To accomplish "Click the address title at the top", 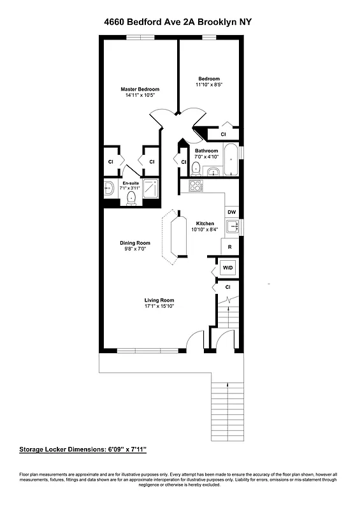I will tap(178, 22).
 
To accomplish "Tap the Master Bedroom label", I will tap(140, 89).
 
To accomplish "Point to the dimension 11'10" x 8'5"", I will tap(209, 84).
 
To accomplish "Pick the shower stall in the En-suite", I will tap(151, 189).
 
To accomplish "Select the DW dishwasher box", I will tap(232, 212).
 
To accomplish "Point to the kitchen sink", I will tap(233, 226).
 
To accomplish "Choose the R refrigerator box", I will tap(229, 247).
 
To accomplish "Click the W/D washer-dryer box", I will tap(227, 268).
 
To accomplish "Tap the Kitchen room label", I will tap(205, 223).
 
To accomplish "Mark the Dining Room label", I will tap(134, 242).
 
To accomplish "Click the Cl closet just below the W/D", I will tap(227, 288).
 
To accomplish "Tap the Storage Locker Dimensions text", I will tap(83, 449).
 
